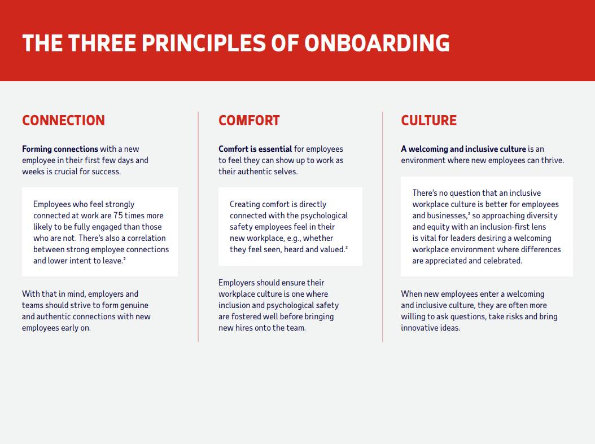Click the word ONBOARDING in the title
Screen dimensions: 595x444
[377, 43]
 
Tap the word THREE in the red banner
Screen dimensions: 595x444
[102, 43]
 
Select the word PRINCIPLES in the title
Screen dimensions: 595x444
[203, 43]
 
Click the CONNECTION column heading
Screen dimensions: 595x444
[63, 121]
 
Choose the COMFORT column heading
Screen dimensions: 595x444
[249, 121]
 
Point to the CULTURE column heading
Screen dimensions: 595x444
[429, 121]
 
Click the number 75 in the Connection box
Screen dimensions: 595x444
[118, 216]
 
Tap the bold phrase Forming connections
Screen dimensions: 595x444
[60, 149]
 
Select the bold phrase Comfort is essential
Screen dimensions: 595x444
[255, 149]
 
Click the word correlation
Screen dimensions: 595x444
[146, 238]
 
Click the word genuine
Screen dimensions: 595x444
[134, 305]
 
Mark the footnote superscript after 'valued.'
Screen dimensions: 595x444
[347, 247]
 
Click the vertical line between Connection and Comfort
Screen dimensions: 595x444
[198, 227]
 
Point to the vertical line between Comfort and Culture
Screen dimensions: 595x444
[383, 227]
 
